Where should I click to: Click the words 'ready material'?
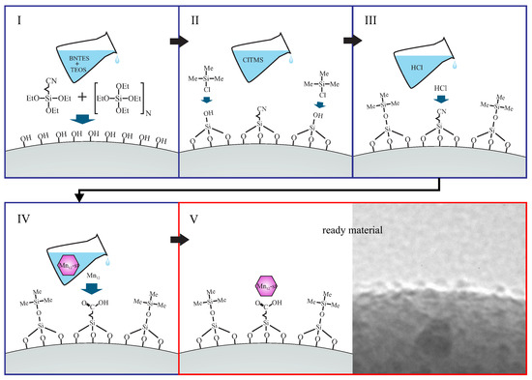[x=352, y=232]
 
